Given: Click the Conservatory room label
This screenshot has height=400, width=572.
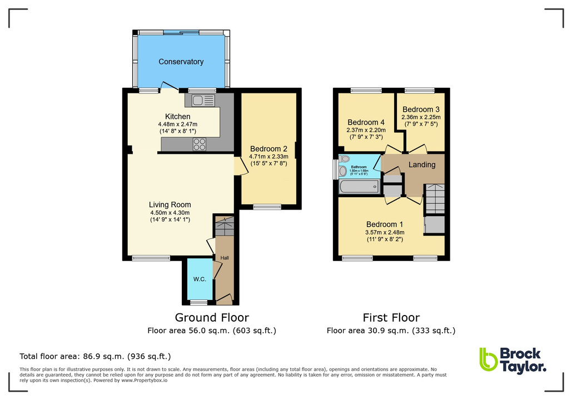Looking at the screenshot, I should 181,62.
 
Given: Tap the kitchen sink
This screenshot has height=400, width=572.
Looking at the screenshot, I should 203,100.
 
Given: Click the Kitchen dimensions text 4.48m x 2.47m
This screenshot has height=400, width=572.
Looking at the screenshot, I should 177,124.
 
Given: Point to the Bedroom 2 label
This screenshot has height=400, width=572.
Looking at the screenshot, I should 268,149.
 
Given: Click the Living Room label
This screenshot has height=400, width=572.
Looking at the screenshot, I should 170,204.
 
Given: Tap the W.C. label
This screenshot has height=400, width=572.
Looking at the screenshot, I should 200,279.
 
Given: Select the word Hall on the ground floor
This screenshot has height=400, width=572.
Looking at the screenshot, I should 225,258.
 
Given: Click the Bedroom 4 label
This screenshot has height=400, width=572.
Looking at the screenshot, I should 366,122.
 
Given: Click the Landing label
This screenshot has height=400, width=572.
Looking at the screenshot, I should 422,164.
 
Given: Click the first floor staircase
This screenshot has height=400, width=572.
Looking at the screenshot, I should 435,199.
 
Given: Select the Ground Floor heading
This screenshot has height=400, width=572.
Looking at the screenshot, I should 212,318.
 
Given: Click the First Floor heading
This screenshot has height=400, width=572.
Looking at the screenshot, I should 391,318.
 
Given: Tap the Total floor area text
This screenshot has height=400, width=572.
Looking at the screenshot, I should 95,356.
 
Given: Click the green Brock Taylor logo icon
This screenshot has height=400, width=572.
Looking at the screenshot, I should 488,359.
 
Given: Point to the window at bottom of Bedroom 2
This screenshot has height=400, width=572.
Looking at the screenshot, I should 267,207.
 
